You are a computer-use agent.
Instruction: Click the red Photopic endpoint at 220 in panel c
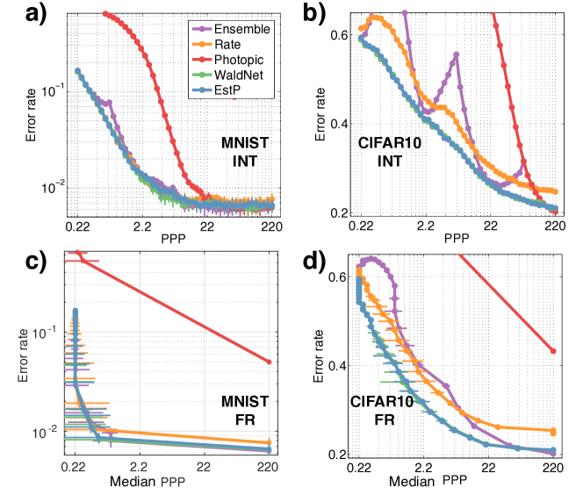269,362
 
